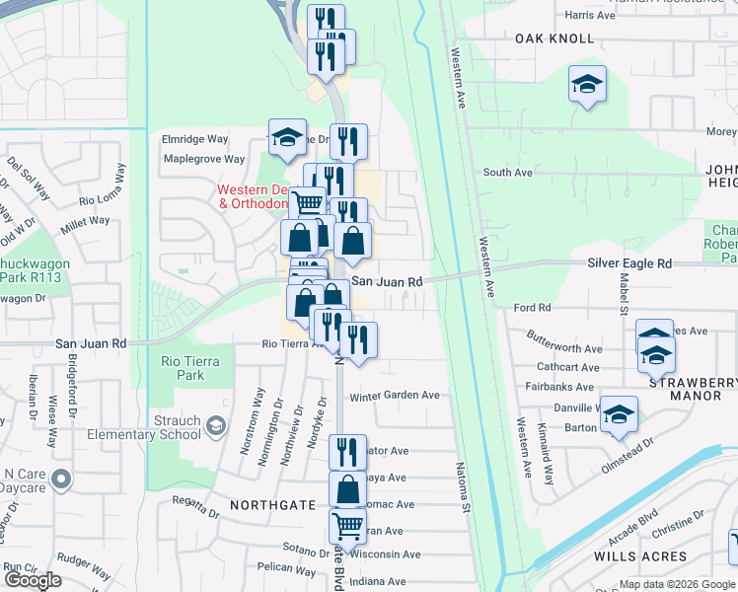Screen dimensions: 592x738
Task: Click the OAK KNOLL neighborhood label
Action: coord(554,38)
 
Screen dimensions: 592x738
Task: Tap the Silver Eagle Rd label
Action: coord(629,263)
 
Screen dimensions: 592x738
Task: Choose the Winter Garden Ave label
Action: coord(395,396)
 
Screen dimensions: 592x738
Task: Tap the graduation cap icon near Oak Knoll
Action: coord(587,85)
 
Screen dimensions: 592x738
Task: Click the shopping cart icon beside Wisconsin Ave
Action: coord(347,525)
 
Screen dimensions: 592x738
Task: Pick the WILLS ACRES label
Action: coord(640,556)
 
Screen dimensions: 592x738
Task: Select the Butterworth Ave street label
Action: coord(564,349)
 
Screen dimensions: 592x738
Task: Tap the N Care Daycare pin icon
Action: coord(61,481)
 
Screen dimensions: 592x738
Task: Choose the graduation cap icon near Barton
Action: coord(619,415)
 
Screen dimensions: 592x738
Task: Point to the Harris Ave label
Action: coord(591,15)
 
